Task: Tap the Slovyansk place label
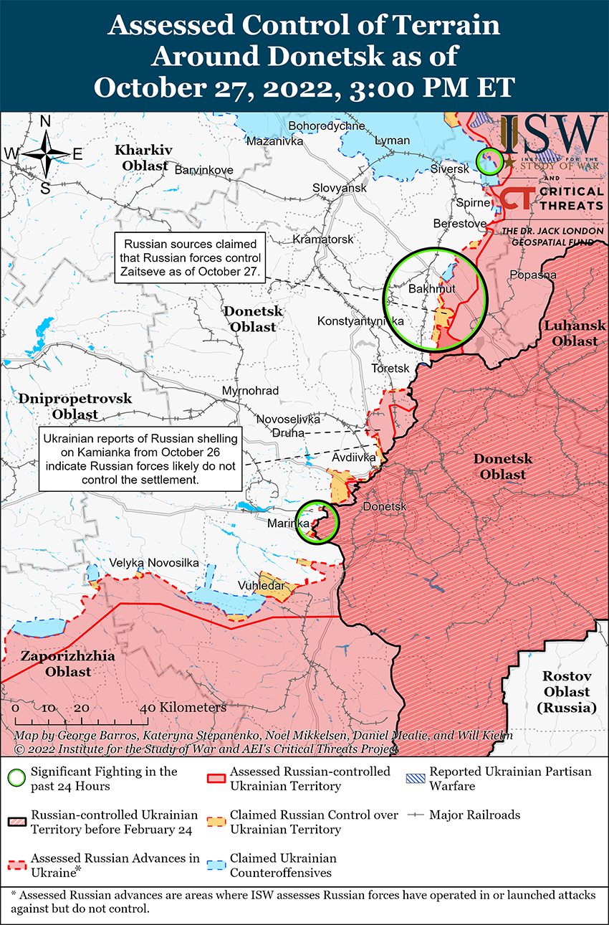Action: coord(339,188)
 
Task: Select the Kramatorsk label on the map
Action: coord(323,239)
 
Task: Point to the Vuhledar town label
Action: coord(266,586)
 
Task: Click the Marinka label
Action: coord(288,523)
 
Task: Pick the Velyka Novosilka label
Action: coord(154,563)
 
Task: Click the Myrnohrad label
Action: coord(251,391)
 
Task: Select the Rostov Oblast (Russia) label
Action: coord(566,691)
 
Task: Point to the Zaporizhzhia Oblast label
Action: coord(57,664)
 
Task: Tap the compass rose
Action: coord(44,154)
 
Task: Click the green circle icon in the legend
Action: coord(17,779)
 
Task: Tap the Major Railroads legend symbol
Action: coord(416,815)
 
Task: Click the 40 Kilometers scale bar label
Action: coord(185,707)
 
